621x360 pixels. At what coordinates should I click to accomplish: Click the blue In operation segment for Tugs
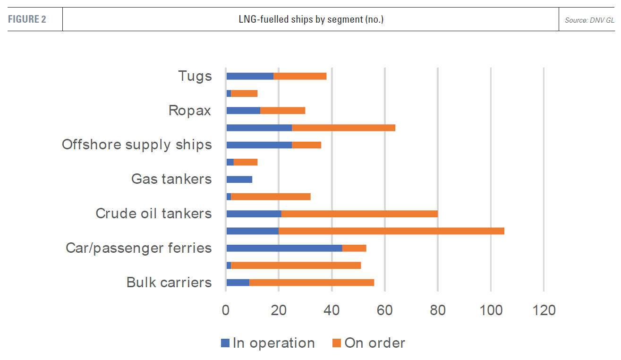click(x=250, y=76)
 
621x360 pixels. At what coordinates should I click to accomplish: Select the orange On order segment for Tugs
click(x=300, y=76)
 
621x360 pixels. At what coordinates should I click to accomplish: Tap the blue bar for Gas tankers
click(x=239, y=180)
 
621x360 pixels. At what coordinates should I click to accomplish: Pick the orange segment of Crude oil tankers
click(x=359, y=214)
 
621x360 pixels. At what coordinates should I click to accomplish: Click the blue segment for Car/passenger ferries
click(x=284, y=248)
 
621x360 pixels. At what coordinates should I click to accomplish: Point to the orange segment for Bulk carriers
click(x=312, y=283)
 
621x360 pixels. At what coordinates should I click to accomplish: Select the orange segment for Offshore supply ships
click(x=306, y=145)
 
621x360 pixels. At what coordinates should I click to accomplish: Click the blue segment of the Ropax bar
click(x=243, y=111)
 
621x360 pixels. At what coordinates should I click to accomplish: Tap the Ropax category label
click(x=190, y=111)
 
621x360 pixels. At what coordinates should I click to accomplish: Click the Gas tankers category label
click(x=171, y=180)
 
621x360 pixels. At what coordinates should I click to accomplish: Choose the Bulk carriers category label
click(x=169, y=283)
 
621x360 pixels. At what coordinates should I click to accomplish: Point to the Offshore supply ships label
click(x=137, y=145)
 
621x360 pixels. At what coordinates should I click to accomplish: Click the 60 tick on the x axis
click(x=385, y=310)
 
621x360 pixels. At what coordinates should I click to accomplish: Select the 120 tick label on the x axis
click(x=544, y=310)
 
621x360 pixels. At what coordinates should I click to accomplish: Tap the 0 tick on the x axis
click(x=226, y=310)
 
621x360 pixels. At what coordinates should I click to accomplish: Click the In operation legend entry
click(x=268, y=343)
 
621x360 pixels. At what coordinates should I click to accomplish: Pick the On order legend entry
click(x=369, y=343)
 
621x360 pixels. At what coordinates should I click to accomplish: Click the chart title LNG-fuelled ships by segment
click(x=311, y=19)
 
